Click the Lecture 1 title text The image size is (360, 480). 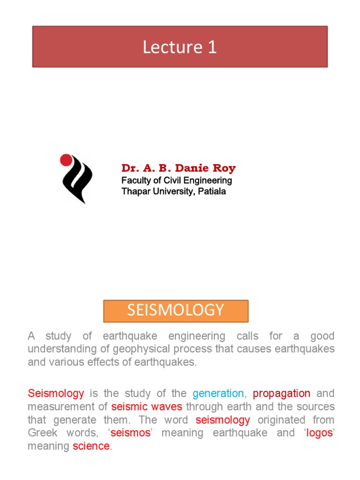click(x=180, y=47)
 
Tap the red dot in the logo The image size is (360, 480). click(x=66, y=160)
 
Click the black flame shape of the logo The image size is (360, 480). click(x=77, y=180)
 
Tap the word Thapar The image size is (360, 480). click(x=135, y=191)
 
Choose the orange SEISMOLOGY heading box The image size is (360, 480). click(x=176, y=311)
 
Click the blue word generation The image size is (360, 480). click(x=218, y=393)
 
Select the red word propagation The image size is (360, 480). click(x=281, y=393)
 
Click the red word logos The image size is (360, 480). click(x=319, y=433)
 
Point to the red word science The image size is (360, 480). click(x=91, y=446)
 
